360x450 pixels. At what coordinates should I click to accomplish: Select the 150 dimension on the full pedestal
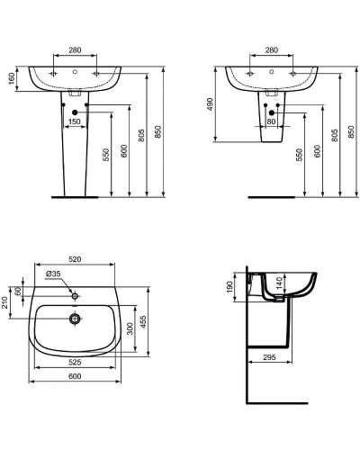click(x=75, y=121)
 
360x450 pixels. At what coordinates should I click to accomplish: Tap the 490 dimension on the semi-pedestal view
click(x=210, y=104)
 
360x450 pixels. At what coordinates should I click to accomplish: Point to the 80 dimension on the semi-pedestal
click(x=271, y=120)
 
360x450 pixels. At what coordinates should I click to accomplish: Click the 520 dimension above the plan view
click(x=76, y=260)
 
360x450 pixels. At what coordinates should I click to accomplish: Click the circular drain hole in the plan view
click(x=76, y=317)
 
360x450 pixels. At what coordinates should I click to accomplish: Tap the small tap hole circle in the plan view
click(x=76, y=293)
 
